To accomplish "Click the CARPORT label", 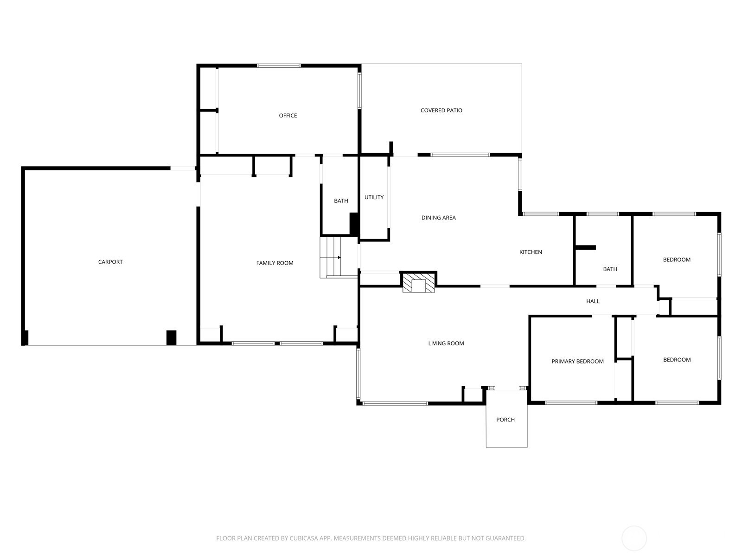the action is [110, 262].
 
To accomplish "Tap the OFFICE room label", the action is [288, 116].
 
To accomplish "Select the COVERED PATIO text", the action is [441, 110].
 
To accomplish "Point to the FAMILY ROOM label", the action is [275, 263].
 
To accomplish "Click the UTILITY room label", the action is [374, 197].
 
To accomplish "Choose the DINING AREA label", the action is [438, 218].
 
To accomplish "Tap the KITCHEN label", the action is [531, 252].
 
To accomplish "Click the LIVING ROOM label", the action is [446, 343].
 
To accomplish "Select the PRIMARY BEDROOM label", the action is [577, 362].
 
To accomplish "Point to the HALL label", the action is [593, 301].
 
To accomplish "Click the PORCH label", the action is [505, 420].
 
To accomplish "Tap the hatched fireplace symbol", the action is [418, 282].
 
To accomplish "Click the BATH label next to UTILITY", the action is [341, 201].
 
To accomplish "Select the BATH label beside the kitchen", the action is [610, 269].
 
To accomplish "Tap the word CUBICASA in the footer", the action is [304, 538].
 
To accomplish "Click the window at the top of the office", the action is [279, 65].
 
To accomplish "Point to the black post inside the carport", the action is [172, 337].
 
